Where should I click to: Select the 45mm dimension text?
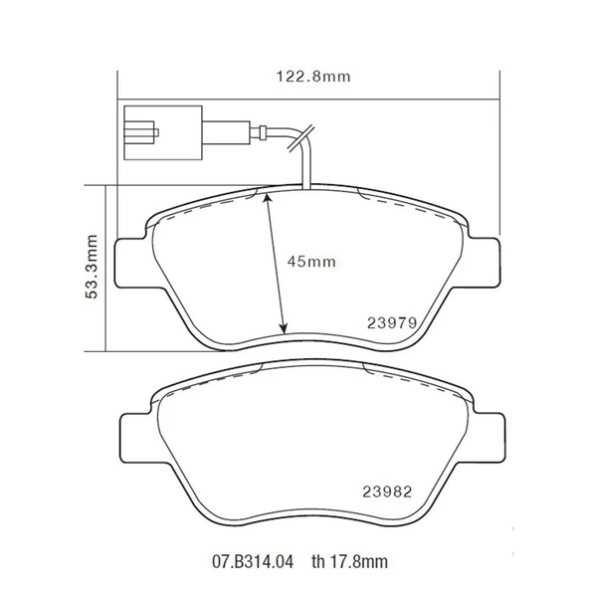pos(311,262)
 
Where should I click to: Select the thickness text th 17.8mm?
pos(349,562)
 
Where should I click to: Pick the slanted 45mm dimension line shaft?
pos(275,264)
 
